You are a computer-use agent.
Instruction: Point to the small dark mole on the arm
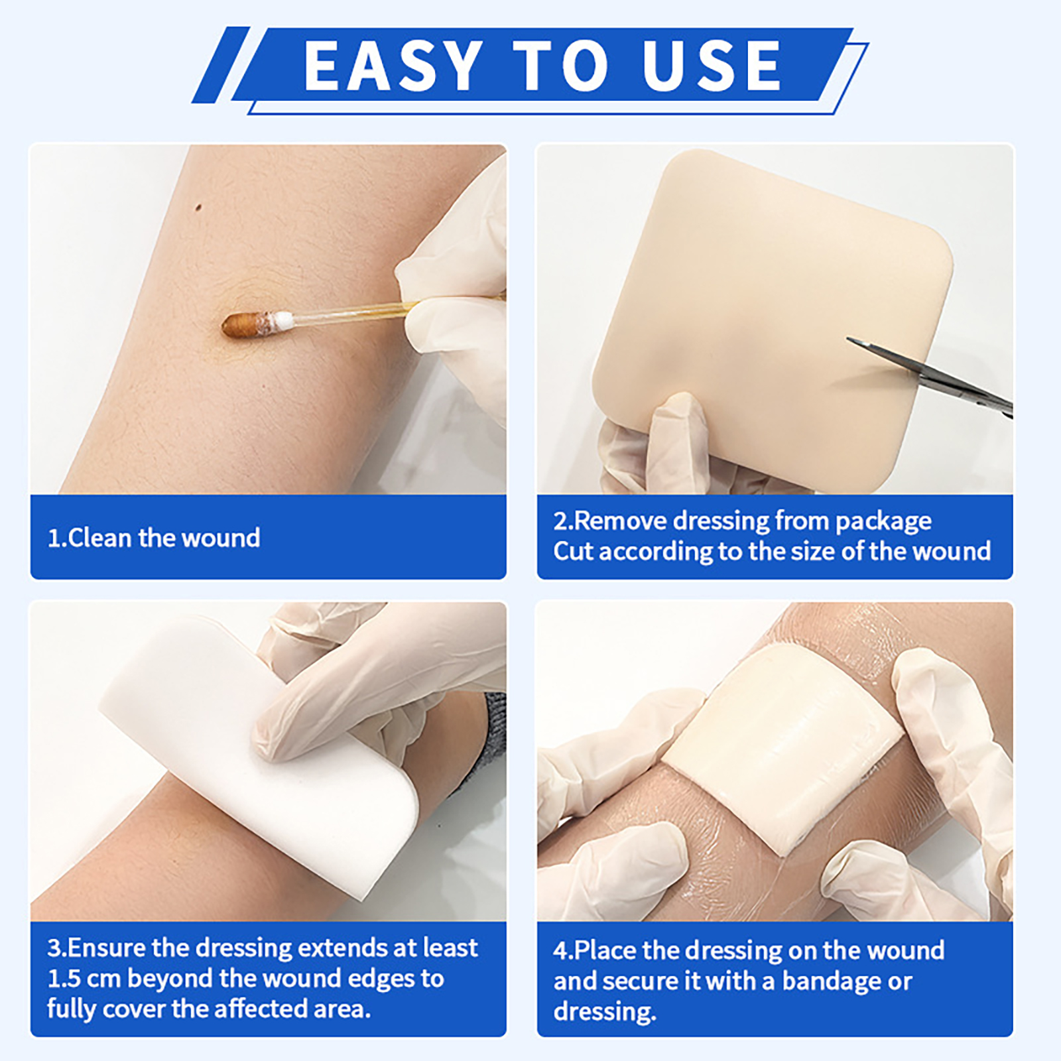(198, 208)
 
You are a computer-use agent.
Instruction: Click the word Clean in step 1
(101, 537)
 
